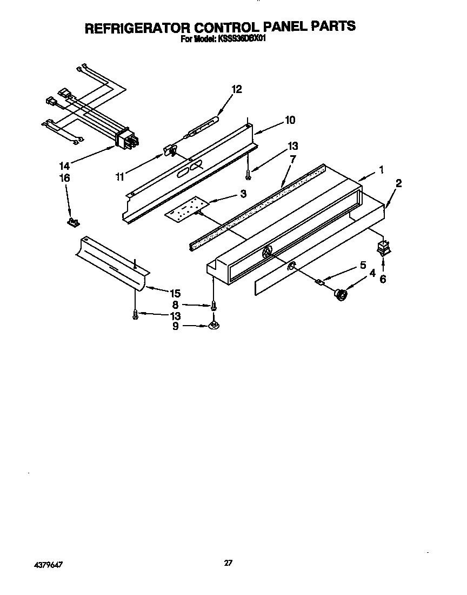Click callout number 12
(237, 90)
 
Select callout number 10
(290, 120)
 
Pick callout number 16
(64, 177)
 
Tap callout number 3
(243, 193)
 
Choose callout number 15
(175, 293)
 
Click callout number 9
(175, 326)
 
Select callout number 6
(383, 280)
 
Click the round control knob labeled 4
(341, 295)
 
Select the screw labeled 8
(214, 306)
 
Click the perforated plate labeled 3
(185, 210)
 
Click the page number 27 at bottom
(228, 563)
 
